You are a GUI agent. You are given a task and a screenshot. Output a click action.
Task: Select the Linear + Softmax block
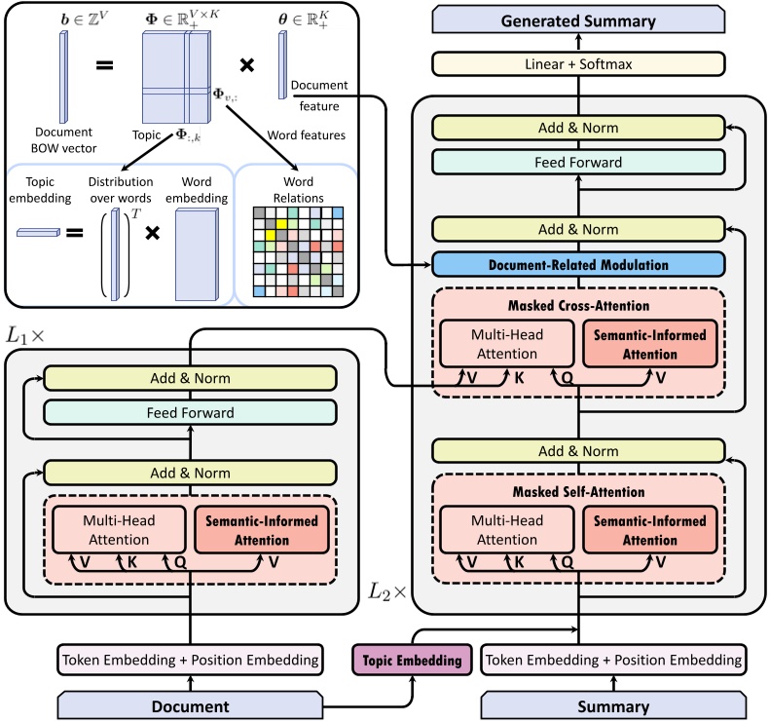tap(578, 64)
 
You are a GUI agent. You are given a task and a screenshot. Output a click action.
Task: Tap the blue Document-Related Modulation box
tap(578, 265)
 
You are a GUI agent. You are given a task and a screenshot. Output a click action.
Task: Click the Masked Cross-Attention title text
tap(578, 306)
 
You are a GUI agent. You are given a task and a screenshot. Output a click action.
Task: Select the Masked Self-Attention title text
tap(578, 492)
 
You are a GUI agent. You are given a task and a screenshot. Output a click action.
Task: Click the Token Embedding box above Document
tap(191, 660)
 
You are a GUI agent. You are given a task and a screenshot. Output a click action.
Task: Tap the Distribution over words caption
tap(121, 190)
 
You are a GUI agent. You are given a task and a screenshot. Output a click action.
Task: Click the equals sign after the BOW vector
tap(104, 66)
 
